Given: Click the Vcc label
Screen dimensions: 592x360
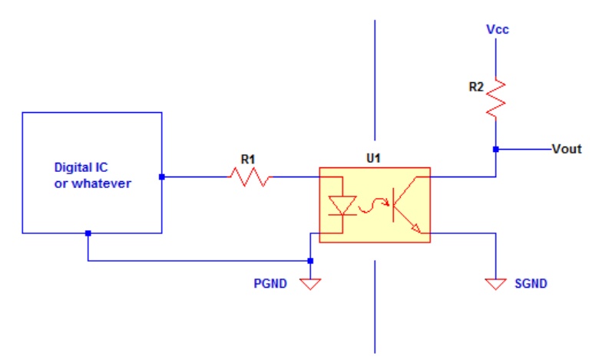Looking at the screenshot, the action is coord(498,29).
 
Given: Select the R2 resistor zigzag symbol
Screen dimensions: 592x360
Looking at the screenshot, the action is coord(496,98).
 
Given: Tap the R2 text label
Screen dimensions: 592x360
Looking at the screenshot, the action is coord(476,88).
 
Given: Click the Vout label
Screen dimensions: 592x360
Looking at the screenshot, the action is coord(567,149).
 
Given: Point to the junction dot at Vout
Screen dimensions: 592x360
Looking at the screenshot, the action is coord(496,150).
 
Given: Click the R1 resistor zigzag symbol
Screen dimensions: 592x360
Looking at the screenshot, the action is coord(250,177).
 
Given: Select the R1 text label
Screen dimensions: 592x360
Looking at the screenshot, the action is coord(248,160).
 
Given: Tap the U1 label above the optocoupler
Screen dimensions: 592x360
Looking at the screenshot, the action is coord(373,158).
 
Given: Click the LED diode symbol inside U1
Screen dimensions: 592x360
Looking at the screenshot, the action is coord(342,206).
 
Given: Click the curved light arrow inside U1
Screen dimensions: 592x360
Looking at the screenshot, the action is coord(373,206).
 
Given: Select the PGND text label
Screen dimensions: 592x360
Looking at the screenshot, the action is coord(270,283).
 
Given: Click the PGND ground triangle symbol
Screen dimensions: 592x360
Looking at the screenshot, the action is coord(310,283).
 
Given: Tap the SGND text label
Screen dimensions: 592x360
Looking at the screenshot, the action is coord(531,283).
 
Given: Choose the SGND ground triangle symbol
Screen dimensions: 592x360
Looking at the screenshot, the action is coord(496,283).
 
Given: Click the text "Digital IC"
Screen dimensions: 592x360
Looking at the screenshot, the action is coord(81,167).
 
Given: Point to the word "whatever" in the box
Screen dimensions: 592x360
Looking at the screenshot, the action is coord(101,183).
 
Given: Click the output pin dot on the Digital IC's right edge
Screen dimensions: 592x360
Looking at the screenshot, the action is coord(162,177).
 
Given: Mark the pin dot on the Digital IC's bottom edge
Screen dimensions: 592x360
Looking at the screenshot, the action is coord(88,233).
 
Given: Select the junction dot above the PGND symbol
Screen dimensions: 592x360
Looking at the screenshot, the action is coord(310,261).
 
